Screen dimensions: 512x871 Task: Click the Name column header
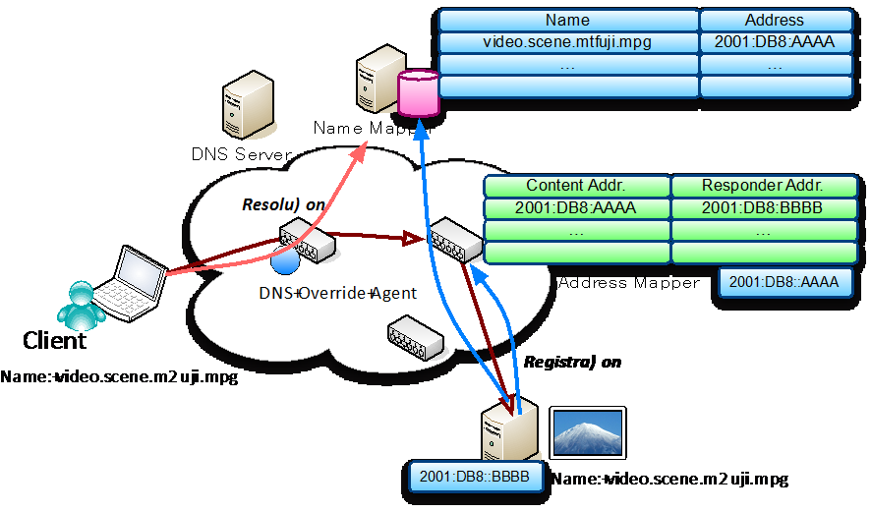568,20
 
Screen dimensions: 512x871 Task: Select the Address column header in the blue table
775,20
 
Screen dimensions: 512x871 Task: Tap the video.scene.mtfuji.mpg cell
568,42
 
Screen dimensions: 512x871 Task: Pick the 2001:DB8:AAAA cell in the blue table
775,42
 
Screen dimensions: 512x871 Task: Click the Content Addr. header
576,186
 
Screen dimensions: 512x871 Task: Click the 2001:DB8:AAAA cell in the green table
576,208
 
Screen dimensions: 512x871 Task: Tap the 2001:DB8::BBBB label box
474,477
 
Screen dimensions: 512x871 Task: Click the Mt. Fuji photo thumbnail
587,432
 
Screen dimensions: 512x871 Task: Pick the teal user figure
82,305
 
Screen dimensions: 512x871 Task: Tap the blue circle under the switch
284,261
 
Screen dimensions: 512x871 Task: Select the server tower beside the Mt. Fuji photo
509,433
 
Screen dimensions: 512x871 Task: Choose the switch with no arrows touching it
414,336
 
